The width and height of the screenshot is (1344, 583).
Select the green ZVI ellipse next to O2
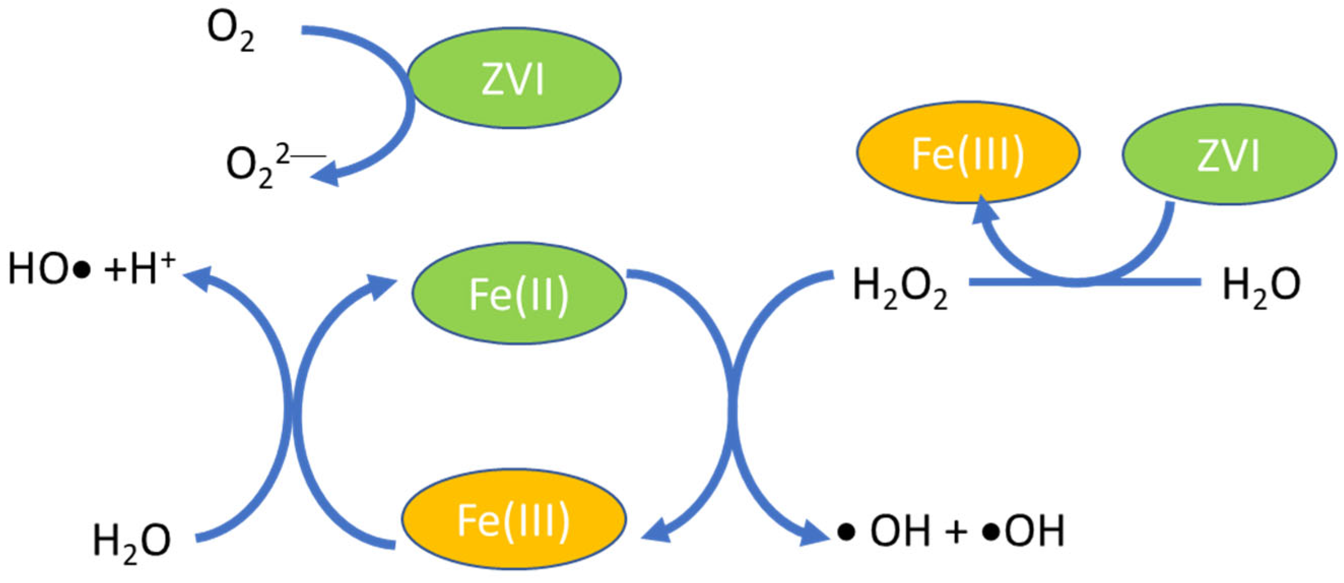point(514,78)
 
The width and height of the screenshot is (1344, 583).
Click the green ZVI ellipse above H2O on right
point(1229,154)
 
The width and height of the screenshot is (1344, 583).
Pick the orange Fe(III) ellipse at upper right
point(968,152)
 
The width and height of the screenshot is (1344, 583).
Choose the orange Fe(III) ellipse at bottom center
point(514,519)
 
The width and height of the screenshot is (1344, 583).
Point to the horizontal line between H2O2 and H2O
point(1085,282)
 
